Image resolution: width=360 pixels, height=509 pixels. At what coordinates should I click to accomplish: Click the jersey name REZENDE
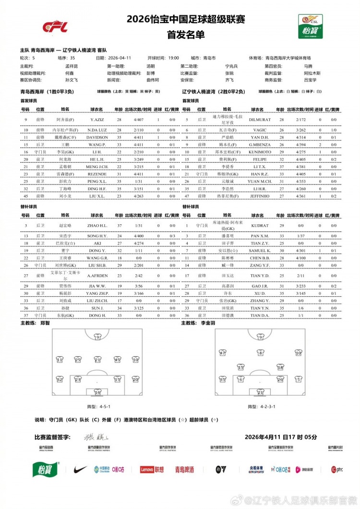click(97, 174)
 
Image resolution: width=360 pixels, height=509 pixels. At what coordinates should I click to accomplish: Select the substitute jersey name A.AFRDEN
click(97, 275)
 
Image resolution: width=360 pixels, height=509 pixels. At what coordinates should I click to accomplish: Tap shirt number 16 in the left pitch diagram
click(97, 393)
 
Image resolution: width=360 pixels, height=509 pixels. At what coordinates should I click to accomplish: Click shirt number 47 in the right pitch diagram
click(223, 353)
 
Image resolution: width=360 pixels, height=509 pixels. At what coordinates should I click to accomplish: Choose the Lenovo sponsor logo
click(152, 469)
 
